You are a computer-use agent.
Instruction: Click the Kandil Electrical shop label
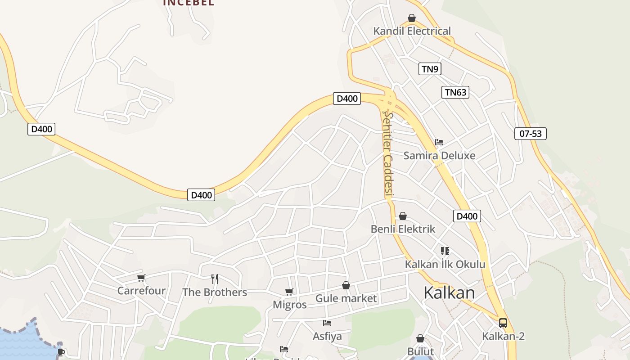coord(412,31)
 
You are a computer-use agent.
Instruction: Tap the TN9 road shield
coord(430,69)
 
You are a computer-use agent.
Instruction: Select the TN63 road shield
coord(455,93)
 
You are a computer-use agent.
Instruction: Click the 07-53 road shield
coord(530,134)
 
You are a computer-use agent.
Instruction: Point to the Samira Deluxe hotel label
coord(439,156)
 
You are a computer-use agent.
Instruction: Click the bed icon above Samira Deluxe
coord(439,142)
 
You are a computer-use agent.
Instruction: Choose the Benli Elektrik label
coord(403,229)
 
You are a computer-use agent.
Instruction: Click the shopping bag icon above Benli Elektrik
coord(403,216)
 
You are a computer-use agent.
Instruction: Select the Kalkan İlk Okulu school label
coord(445,264)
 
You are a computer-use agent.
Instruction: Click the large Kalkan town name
coord(449,293)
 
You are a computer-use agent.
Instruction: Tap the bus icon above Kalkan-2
coord(503,323)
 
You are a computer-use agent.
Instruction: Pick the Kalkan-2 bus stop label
coord(503,336)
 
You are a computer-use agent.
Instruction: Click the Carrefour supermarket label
coord(141,291)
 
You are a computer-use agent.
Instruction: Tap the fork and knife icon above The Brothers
coord(215,279)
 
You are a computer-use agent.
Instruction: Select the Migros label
coord(290,305)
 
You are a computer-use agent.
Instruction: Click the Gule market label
coord(346,298)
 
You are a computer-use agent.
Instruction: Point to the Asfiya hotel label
coord(327,336)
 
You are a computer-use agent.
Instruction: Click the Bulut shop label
coord(420,351)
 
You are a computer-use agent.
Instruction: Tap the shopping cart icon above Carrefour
coord(141,278)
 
